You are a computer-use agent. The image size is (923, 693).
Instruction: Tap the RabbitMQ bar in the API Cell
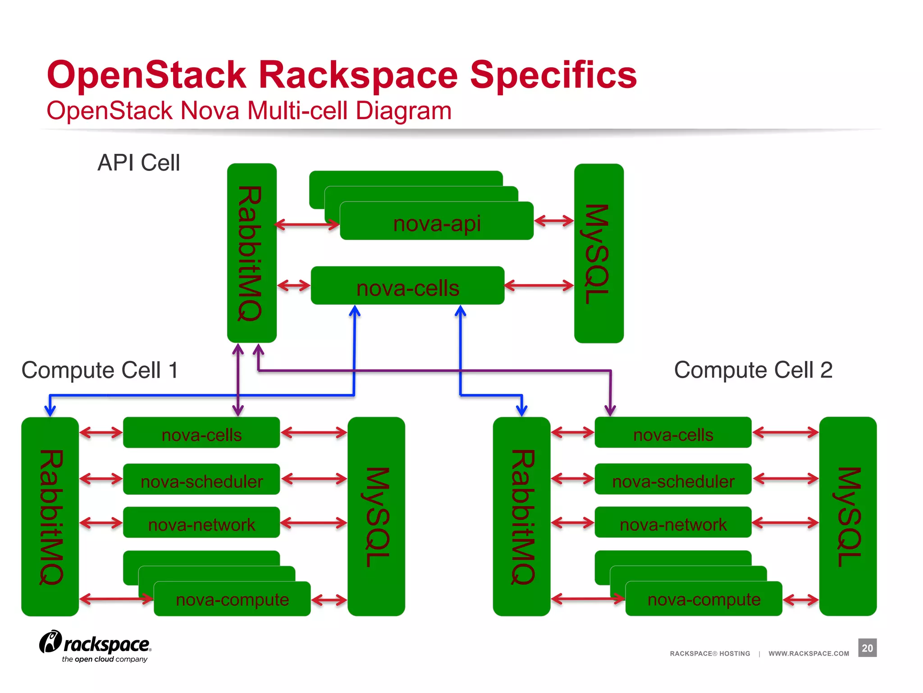[251, 253]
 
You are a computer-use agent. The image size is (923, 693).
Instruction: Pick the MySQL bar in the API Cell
[599, 253]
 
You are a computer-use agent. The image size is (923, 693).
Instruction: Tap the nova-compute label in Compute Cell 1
[232, 600]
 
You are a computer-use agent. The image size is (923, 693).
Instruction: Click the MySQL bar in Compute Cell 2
[847, 516]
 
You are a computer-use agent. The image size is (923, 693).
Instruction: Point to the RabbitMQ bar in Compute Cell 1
[50, 516]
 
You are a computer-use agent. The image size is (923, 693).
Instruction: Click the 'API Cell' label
[139, 162]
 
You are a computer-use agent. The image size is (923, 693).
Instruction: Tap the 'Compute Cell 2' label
[753, 370]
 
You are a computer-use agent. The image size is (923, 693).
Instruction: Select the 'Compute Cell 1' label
[100, 370]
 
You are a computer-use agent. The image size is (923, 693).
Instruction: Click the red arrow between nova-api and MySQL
[554, 221]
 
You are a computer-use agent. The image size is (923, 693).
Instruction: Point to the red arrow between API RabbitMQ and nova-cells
[294, 286]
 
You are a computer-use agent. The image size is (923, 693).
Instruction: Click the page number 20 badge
[867, 648]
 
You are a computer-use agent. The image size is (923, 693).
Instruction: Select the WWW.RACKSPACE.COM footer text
[809, 653]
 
